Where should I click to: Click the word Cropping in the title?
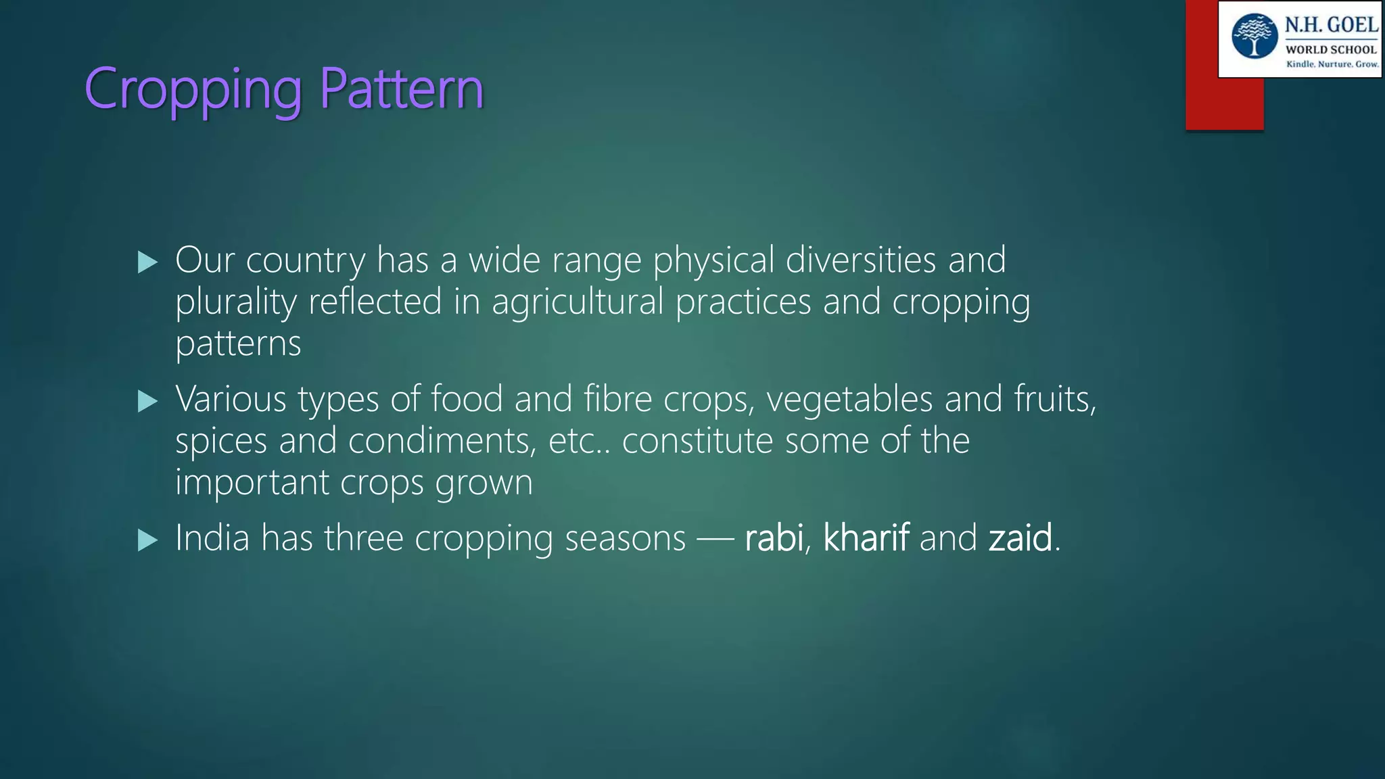coord(193,89)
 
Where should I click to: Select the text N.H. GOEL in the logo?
coord(1331,25)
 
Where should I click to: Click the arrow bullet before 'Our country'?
coord(147,262)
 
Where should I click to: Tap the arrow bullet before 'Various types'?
coord(147,401)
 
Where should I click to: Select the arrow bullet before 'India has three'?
coord(147,540)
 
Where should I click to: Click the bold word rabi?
coord(774,538)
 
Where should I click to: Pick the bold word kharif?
coord(866,538)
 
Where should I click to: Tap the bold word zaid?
coord(1020,538)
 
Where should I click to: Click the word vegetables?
coord(849,399)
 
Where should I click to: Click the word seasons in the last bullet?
coord(625,538)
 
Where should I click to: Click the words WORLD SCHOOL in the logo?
coord(1331,49)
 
